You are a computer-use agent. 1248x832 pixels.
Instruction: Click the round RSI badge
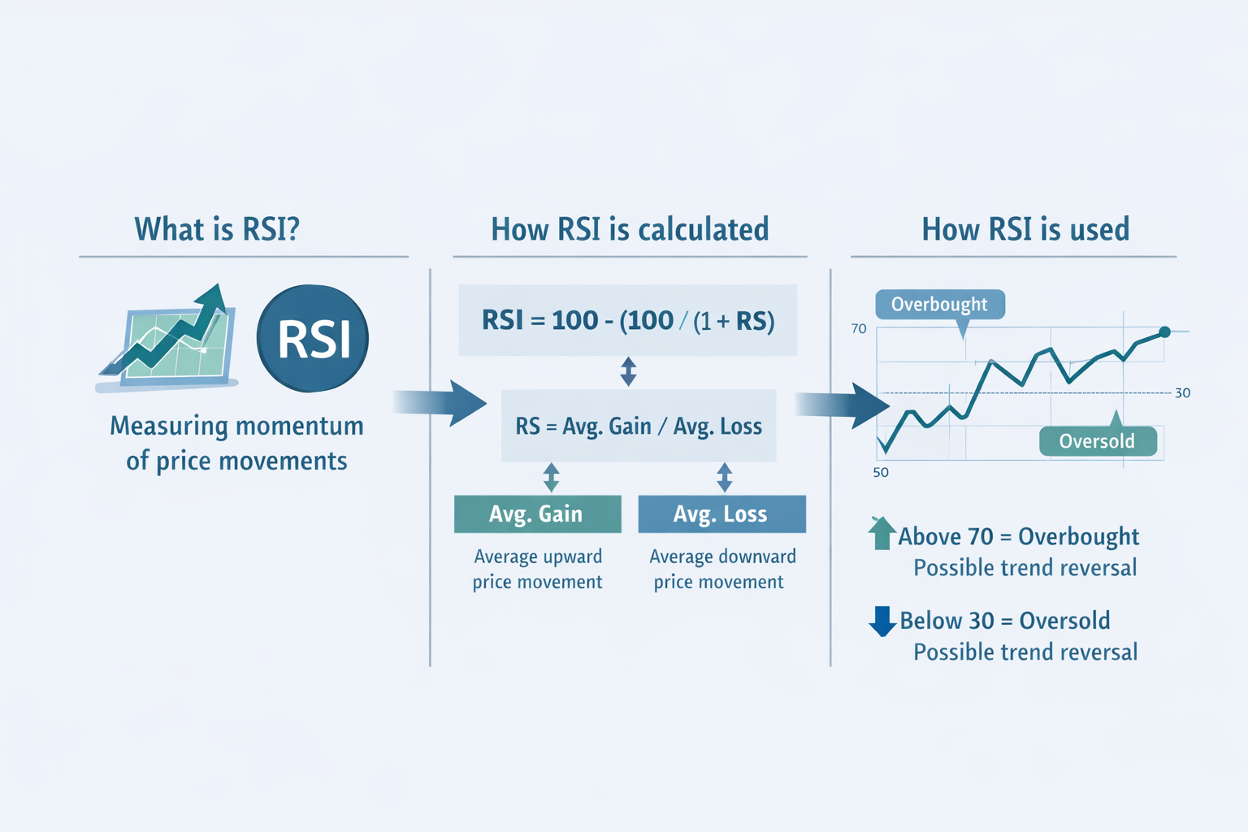pos(313,338)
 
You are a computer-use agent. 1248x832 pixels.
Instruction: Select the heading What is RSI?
pos(217,230)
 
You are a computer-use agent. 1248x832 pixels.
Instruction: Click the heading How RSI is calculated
pos(630,230)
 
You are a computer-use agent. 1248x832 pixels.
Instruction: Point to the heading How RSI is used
pos(1025,230)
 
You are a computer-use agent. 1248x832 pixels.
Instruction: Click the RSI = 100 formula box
pos(627,320)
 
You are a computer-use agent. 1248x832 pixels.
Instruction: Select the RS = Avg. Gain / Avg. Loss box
pos(639,426)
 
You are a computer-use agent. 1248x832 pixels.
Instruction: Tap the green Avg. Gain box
pos(537,514)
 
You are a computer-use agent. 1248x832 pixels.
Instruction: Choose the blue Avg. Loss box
pos(721,514)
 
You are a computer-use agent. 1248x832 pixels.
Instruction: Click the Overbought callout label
pos(939,305)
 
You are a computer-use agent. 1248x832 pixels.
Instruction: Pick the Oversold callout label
pos(1097,441)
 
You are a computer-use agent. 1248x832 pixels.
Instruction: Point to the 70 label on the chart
pos(859,329)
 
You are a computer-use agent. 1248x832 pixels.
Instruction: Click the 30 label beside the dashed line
pos(1182,393)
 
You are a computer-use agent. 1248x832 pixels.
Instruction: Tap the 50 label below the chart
pos(881,473)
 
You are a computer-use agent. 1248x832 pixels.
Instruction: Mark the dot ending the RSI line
pos(1164,331)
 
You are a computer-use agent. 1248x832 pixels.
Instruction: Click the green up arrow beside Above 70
pos(882,533)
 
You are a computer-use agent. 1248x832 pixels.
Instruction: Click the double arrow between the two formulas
pos(628,371)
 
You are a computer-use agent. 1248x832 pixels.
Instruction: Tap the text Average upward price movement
pos(538,569)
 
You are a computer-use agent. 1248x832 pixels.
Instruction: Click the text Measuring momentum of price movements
pos(236,443)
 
